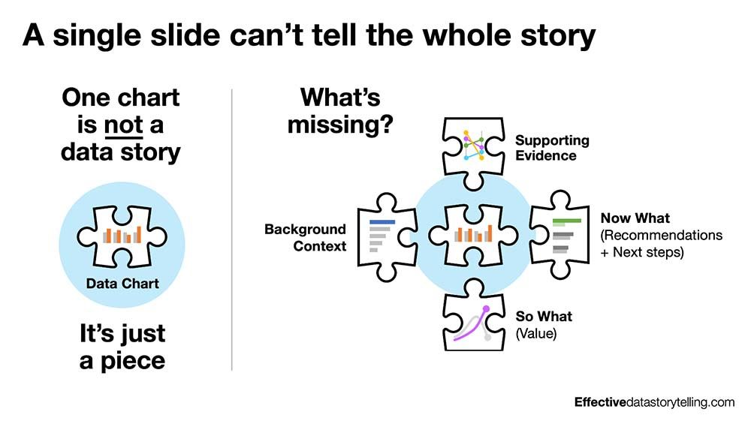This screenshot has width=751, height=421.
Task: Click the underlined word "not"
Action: tap(123, 125)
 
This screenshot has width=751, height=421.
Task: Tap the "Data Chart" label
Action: tap(122, 284)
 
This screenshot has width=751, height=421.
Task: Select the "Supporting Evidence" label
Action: tap(552, 148)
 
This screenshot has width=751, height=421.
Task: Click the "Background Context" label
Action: tap(305, 237)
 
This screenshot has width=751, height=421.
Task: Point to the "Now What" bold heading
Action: tap(635, 218)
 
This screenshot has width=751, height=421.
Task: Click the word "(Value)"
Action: tap(536, 333)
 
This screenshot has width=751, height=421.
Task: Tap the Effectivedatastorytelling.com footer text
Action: tap(654, 402)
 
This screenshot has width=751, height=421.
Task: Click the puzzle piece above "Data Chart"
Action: tap(121, 235)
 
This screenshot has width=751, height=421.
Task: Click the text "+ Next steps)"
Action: tap(642, 252)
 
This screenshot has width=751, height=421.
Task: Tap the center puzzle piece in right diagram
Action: tap(473, 235)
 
